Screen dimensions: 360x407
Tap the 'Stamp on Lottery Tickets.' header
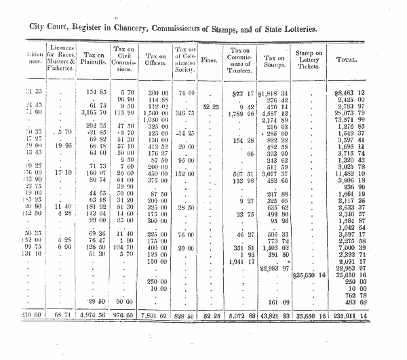point(309,59)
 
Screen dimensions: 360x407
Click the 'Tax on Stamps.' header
point(275,59)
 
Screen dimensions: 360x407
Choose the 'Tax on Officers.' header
point(155,59)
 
